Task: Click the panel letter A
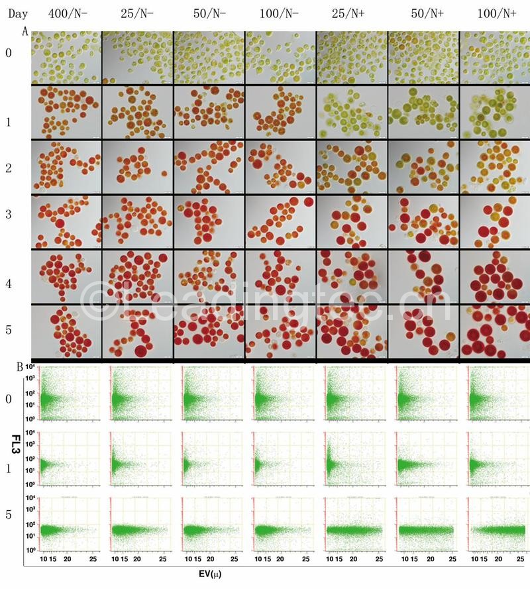coord(25,31)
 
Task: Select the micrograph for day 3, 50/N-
coord(209,222)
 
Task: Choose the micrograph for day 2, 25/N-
coord(137,166)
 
